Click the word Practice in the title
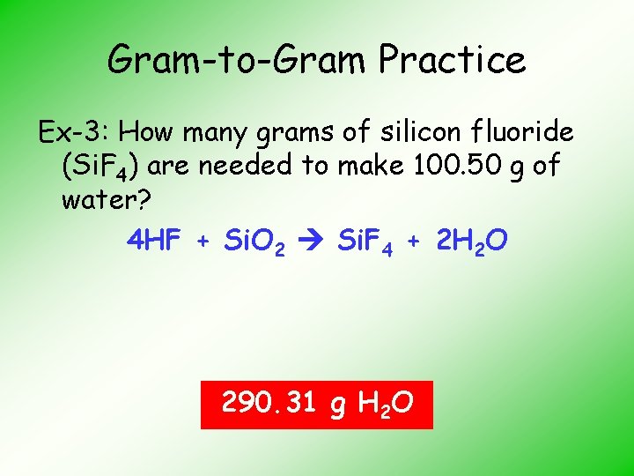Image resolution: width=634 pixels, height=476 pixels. click(x=453, y=61)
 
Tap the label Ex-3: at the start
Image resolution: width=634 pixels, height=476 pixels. click(x=75, y=133)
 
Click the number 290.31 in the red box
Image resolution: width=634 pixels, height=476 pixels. click(x=269, y=404)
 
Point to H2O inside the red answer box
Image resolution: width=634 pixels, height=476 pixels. click(x=386, y=405)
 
